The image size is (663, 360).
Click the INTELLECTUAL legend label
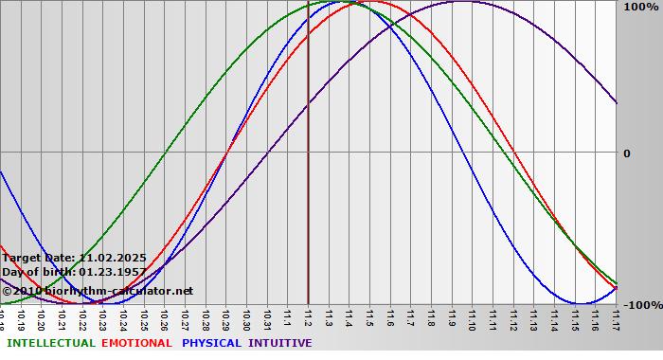pos(51,343)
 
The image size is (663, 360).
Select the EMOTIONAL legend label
pos(136,343)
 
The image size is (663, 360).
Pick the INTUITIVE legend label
pos(280,343)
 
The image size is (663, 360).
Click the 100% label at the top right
pos(640,8)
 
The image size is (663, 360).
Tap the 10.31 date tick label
pos(268,317)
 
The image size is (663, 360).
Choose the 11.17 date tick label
pos(616,317)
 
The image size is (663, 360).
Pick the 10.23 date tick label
pos(104,317)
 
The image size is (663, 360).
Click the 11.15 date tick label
pos(575,317)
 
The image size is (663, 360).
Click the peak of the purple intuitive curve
pos(461,2)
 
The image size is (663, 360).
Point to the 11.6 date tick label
pos(391,317)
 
